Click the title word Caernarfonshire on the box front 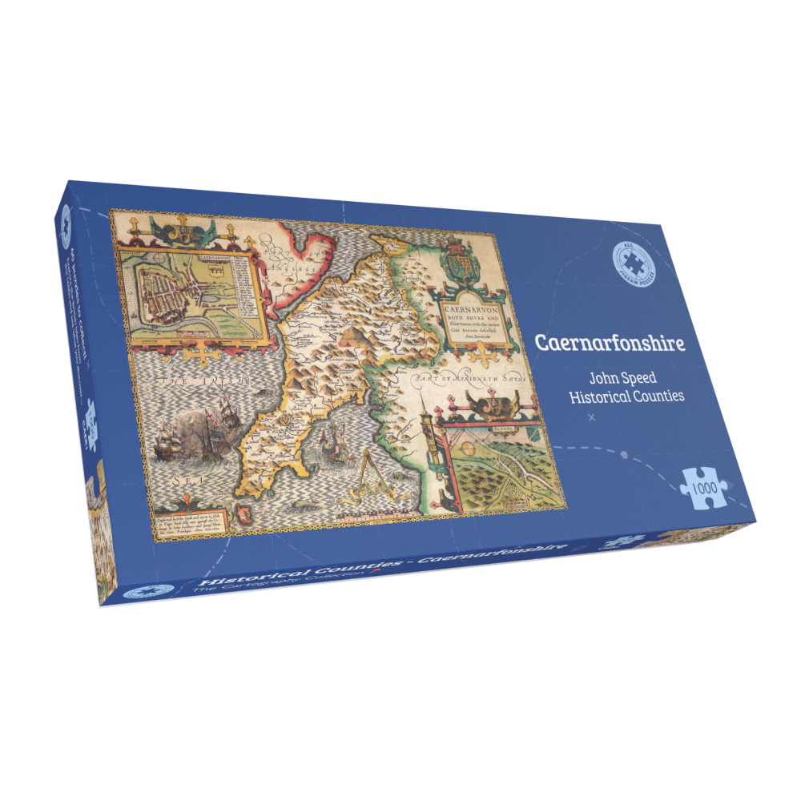click(x=610, y=343)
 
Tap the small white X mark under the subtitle click(x=591, y=418)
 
